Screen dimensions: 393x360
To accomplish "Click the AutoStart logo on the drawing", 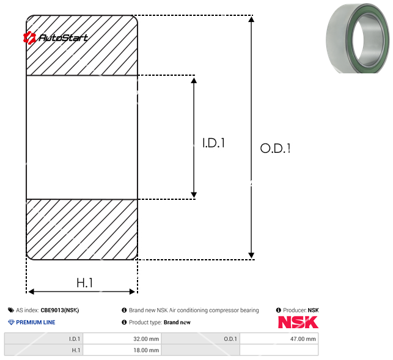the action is click(x=56, y=38).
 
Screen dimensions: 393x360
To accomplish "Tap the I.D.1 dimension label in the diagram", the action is click(x=213, y=143).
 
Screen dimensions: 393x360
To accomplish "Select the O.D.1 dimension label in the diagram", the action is click(x=275, y=148).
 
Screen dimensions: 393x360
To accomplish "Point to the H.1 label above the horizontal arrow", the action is click(x=85, y=283).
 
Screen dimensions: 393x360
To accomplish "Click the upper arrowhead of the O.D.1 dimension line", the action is click(x=251, y=19).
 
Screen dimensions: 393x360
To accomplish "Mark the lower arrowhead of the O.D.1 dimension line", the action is click(x=251, y=255).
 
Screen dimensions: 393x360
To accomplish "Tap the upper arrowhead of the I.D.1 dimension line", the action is click(x=194, y=80).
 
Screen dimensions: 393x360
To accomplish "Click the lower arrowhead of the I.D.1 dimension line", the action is click(x=194, y=195).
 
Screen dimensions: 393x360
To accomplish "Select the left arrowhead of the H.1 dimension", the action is click(x=31, y=292).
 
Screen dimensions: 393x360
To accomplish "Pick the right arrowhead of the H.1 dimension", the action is click(x=132, y=292).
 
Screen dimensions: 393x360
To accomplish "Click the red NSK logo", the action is click(x=298, y=322).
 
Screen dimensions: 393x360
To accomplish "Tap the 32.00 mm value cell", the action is click(x=122, y=339).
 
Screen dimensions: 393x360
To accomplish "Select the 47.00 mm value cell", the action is click(x=279, y=339).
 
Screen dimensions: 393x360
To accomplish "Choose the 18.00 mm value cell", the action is click(x=122, y=350).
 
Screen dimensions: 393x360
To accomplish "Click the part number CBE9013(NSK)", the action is click(x=60, y=310).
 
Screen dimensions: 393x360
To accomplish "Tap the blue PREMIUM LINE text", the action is click(x=35, y=322).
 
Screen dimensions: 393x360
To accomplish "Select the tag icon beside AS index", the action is click(x=11, y=310).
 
